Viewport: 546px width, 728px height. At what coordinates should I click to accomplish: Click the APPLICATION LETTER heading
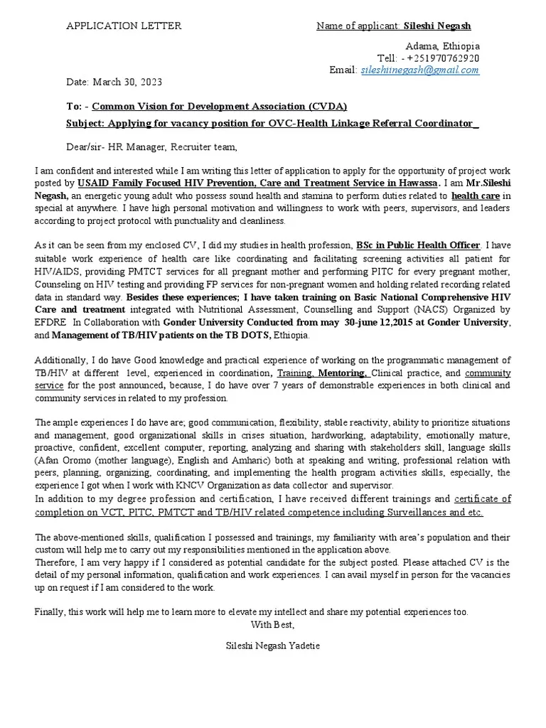(124, 26)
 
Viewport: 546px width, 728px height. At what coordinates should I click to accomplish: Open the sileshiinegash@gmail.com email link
(420, 70)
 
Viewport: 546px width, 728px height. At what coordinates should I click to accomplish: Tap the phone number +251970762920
(440, 58)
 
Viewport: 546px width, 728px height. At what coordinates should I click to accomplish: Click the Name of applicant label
(358, 26)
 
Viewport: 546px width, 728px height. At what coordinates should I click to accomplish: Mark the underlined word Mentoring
(342, 373)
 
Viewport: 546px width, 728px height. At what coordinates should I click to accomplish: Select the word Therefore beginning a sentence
(58, 562)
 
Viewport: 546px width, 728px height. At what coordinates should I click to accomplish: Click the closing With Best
(273, 624)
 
